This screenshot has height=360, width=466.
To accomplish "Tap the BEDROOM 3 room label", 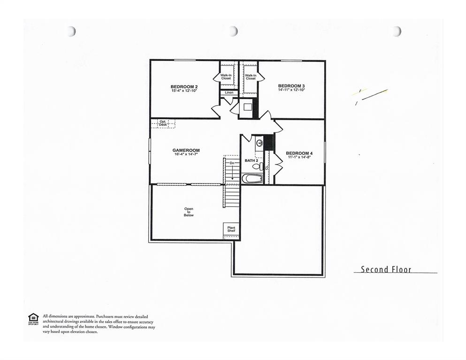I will click(291, 86).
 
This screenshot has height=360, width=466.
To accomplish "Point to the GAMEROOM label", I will click(186, 151).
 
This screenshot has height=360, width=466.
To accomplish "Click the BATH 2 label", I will click(252, 161).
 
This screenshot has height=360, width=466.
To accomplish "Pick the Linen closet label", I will click(229, 93).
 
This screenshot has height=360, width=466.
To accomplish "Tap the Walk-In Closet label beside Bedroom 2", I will click(226, 77).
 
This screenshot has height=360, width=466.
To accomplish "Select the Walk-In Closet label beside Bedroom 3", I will click(251, 77).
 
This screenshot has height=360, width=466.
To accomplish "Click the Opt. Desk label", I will click(163, 123).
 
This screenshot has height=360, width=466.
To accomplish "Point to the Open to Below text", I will click(189, 212).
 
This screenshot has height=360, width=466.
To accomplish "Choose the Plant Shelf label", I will click(231, 229).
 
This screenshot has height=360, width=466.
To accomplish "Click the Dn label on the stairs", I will click(231, 163).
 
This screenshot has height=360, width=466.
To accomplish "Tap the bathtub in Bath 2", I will click(252, 178).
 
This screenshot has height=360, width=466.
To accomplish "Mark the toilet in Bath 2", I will click(257, 166).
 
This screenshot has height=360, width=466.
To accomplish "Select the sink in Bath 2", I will click(260, 143).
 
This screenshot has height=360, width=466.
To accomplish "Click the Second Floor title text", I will click(386, 269).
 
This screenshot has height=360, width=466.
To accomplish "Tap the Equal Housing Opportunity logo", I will click(33, 319).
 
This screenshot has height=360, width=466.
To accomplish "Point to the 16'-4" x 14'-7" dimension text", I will click(186, 154).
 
